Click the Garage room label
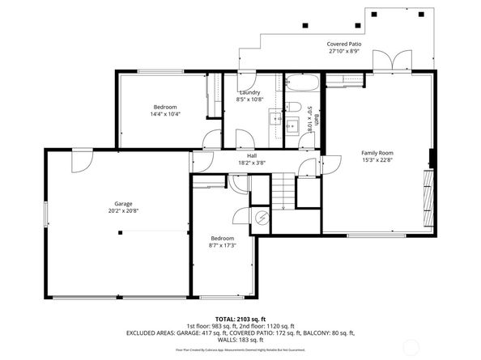[x=122, y=204]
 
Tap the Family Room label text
[x=377, y=152]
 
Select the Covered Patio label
[x=343, y=44]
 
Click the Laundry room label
[x=249, y=92]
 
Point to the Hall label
[x=252, y=155]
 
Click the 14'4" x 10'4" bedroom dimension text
[x=164, y=114]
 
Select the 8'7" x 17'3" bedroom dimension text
[x=222, y=245]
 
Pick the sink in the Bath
[x=292, y=125]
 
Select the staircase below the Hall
[x=282, y=194]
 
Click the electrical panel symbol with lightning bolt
[x=262, y=217]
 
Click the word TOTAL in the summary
[x=226, y=319]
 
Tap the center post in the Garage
[x=120, y=232]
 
